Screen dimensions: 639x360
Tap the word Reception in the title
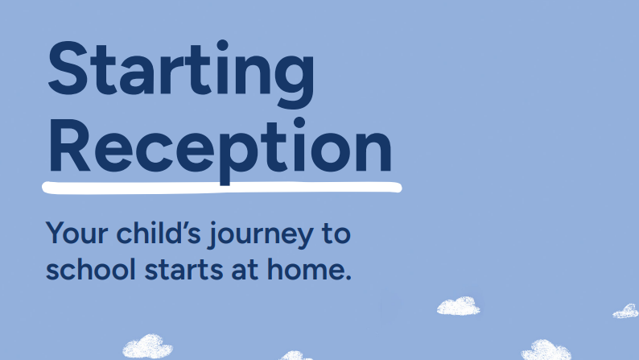click(220, 151)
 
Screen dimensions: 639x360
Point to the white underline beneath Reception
click(221, 188)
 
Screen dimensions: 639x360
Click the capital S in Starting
click(68, 68)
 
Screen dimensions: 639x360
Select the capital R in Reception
click(69, 146)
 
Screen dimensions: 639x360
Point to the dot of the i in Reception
click(299, 122)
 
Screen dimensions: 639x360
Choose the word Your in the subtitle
click(77, 234)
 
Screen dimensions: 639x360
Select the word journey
click(261, 235)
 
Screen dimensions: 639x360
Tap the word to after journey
click(336, 234)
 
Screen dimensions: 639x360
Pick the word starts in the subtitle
click(183, 271)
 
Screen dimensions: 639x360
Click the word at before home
click(245, 271)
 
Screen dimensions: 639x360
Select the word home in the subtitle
click(306, 269)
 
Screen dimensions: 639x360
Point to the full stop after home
click(348, 278)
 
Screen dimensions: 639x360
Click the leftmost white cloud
click(147, 346)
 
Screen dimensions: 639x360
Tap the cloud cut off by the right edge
click(626, 311)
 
